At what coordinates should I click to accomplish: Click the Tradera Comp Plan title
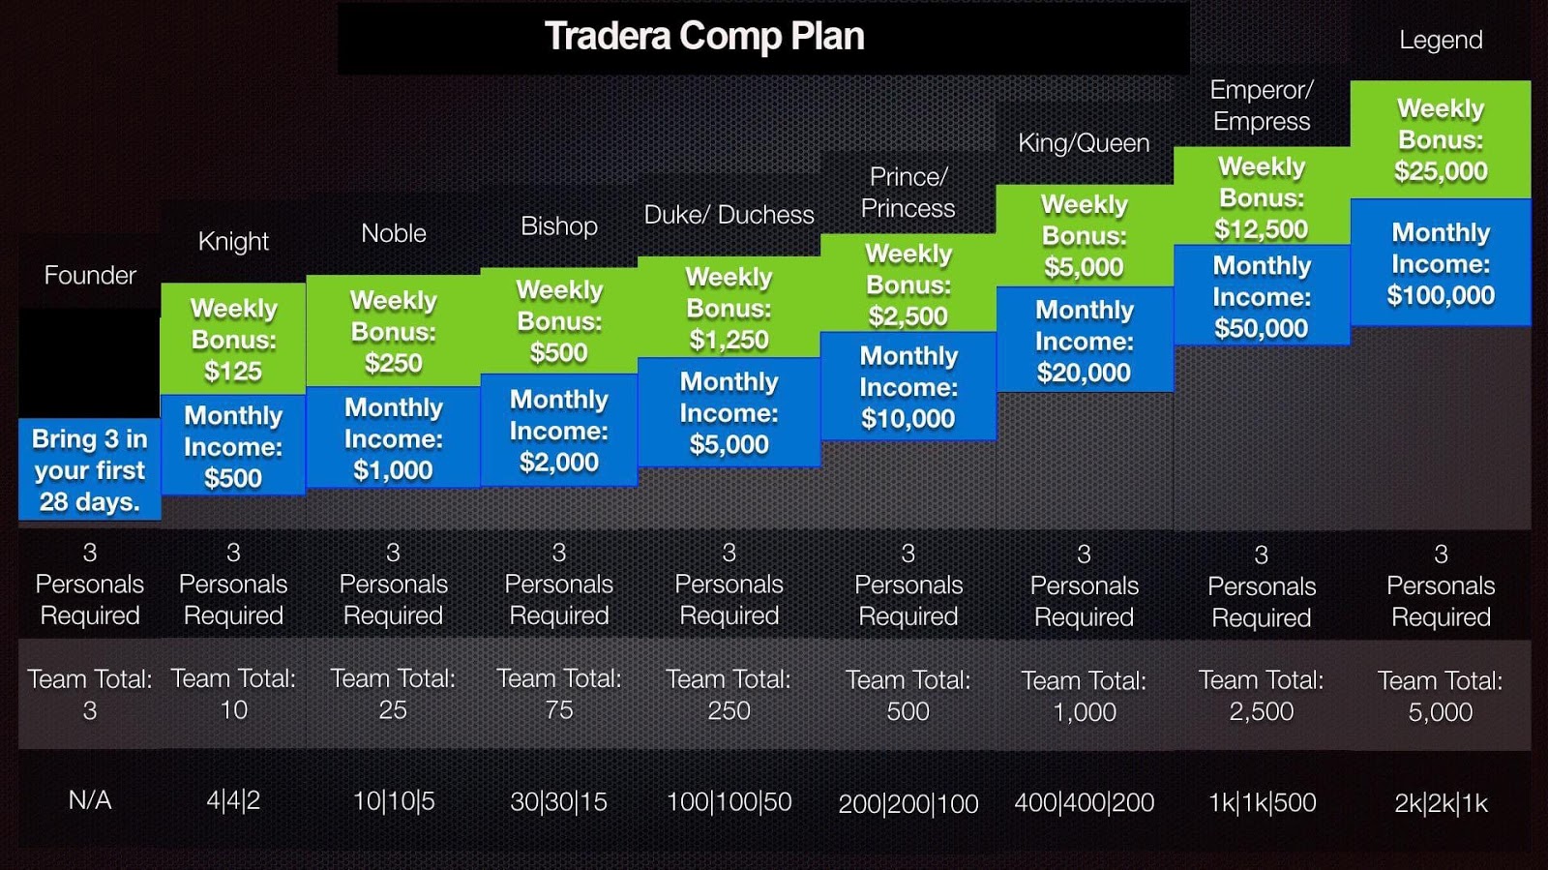[704, 36]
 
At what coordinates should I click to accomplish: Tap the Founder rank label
[90, 275]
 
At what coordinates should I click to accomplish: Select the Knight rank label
[233, 241]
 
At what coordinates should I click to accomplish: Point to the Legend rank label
[1441, 40]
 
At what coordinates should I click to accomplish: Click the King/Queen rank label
[1084, 143]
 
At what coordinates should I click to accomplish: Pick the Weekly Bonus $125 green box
[233, 339]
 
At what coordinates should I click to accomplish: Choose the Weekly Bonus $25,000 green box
[1441, 139]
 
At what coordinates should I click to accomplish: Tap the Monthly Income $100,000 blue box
[1441, 262]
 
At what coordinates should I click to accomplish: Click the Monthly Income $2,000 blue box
[559, 430]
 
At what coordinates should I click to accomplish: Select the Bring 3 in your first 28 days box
[90, 469]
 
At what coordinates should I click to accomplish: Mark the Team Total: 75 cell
[559, 695]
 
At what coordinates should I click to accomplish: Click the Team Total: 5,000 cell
[1441, 696]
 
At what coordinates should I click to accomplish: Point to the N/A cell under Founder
[90, 800]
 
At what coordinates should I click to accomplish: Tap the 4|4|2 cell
[233, 801]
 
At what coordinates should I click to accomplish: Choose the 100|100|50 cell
[729, 801]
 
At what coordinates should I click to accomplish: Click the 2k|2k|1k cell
[1441, 803]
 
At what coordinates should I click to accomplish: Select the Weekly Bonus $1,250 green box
[729, 308]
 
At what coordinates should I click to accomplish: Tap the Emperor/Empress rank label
[1262, 105]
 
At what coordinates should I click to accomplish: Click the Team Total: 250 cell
[729, 695]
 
